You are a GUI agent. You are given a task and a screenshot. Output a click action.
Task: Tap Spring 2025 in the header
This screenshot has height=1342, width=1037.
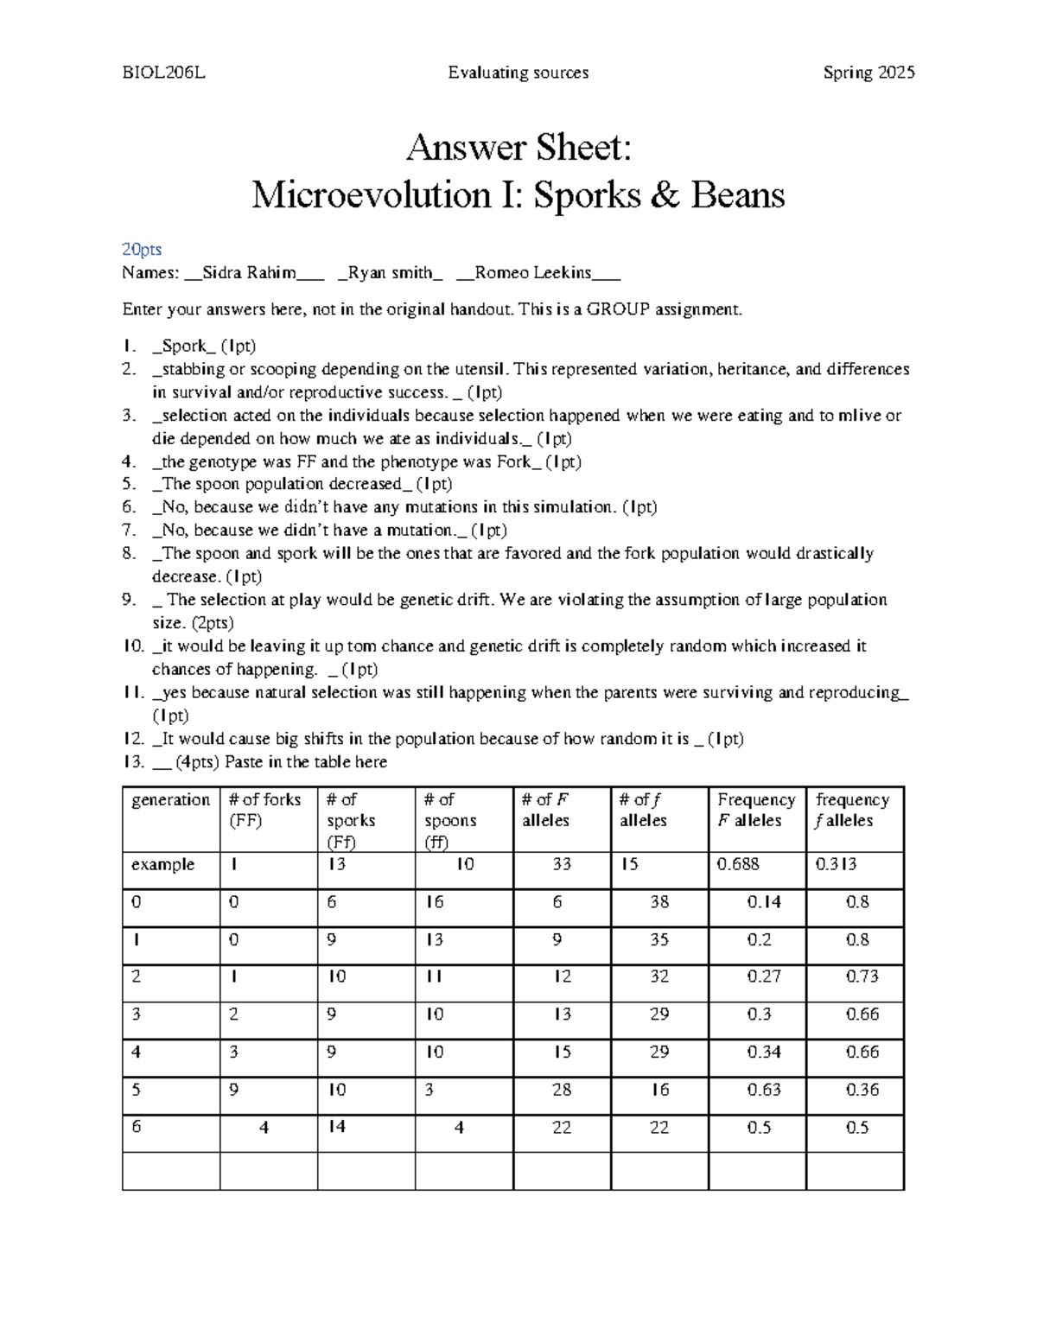point(868,73)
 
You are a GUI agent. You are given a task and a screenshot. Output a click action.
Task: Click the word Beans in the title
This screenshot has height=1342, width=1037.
point(737,195)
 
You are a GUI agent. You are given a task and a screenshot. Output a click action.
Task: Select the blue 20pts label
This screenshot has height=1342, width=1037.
point(142,250)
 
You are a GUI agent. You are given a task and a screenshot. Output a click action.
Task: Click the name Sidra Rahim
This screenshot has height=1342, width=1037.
point(249,273)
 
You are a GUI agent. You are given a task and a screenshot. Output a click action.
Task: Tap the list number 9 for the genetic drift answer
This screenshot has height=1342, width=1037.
point(129,600)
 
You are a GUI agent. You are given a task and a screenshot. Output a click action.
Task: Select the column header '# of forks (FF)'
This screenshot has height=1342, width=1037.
point(264,810)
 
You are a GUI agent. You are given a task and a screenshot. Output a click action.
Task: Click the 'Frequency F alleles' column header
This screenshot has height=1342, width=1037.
point(755,810)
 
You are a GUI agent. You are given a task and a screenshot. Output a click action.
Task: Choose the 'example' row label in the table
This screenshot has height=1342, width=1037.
point(162,865)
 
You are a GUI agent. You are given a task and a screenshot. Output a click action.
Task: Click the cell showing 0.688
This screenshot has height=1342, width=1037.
point(738,865)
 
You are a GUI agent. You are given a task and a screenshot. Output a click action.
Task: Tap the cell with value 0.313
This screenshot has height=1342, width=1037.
point(836,865)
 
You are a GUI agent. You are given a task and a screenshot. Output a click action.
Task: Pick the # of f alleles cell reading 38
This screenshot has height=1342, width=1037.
point(659,902)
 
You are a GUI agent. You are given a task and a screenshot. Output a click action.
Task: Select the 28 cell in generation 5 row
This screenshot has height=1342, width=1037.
point(562,1091)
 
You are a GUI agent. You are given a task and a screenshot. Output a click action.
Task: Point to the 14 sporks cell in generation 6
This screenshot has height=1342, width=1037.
point(337,1128)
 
